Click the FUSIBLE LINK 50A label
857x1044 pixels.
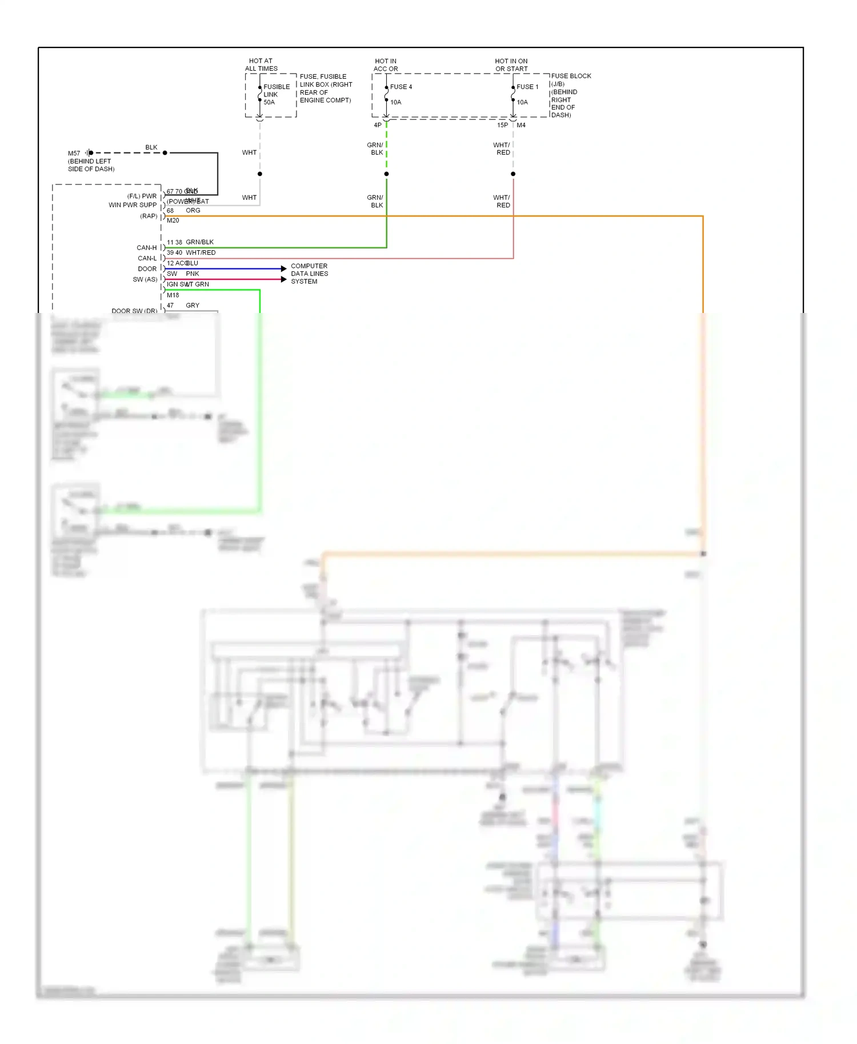(277, 95)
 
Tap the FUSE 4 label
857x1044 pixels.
(401, 87)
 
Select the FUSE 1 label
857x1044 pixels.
(527, 87)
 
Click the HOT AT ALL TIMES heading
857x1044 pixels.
(261, 65)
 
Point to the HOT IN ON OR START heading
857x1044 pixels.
(511, 65)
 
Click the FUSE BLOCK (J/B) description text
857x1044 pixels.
(571, 95)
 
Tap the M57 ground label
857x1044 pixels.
(74, 153)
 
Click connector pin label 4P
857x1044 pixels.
(378, 125)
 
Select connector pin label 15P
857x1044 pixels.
(502, 125)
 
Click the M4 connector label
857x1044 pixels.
(521, 125)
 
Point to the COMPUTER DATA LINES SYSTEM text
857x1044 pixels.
(309, 274)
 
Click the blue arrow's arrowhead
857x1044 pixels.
(284, 268)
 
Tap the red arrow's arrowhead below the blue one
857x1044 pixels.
(284, 279)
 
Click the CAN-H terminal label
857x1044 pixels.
(146, 248)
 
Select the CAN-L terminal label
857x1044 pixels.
(147, 258)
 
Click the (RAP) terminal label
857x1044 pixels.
(149, 216)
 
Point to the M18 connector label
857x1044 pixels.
(173, 295)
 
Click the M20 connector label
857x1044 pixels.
(173, 220)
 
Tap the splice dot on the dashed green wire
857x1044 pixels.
(387, 174)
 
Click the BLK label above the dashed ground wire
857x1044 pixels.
(151, 147)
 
